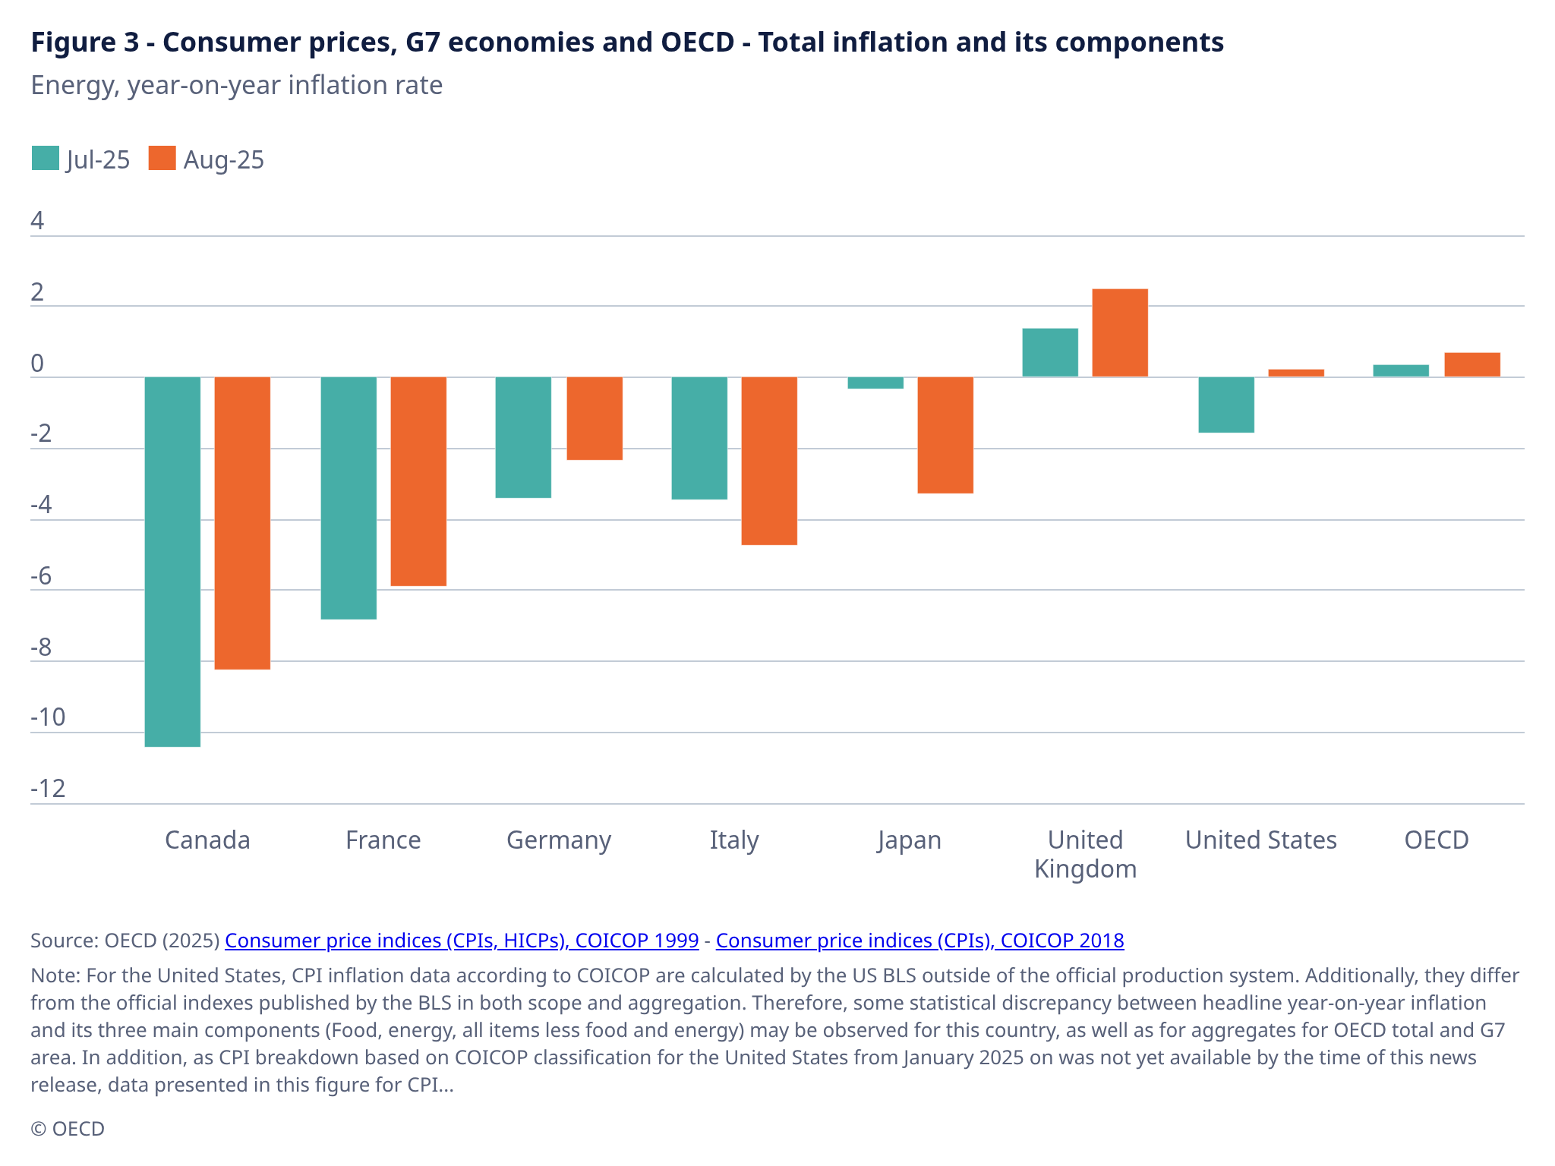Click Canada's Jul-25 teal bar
[172, 562]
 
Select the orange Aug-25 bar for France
[418, 481]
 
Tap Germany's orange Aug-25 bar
[595, 418]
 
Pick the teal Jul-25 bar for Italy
[699, 438]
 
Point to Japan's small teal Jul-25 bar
[875, 383]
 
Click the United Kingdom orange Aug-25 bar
[1120, 332]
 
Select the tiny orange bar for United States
[1296, 373]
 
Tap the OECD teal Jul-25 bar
[1401, 370]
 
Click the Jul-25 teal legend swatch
[46, 159]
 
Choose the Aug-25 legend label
[223, 160]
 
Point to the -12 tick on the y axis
[48, 789]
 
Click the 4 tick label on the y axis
[37, 221]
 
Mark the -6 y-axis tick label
[41, 576]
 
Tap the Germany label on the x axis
[559, 840]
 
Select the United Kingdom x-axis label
[1085, 854]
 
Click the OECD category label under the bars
[1436, 840]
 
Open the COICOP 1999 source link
[462, 941]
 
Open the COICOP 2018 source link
[919, 941]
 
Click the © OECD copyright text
[68, 1129]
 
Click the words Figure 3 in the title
[85, 43]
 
